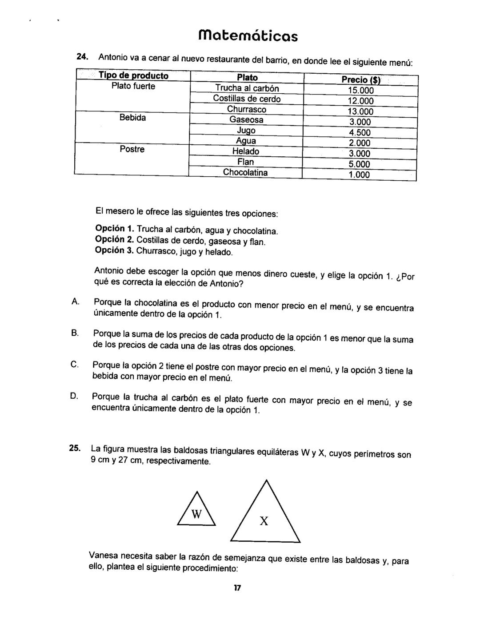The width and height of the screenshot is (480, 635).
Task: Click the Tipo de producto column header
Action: pos(133,75)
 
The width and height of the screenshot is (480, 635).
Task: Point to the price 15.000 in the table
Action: pos(360,91)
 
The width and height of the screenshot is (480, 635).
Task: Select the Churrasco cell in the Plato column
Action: pos(247,109)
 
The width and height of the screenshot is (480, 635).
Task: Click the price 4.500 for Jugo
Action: pos(360,132)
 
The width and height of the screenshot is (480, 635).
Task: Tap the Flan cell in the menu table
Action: pos(246,162)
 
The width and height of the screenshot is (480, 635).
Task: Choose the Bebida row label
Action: pos(132,118)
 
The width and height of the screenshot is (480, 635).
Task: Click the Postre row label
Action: pos(132,149)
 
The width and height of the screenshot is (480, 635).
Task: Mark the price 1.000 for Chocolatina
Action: pos(359,175)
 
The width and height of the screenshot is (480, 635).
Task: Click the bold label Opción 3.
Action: pos(115,251)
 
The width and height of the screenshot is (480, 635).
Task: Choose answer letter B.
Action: pos(75,333)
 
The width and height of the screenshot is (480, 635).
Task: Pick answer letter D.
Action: pos(74,396)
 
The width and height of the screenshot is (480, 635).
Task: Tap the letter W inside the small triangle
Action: pos(196,514)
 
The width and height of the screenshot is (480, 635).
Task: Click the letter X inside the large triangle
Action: pos(264,521)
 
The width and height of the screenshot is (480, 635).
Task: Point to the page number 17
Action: pos(237,588)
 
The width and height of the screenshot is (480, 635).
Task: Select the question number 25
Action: pos(75,448)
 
